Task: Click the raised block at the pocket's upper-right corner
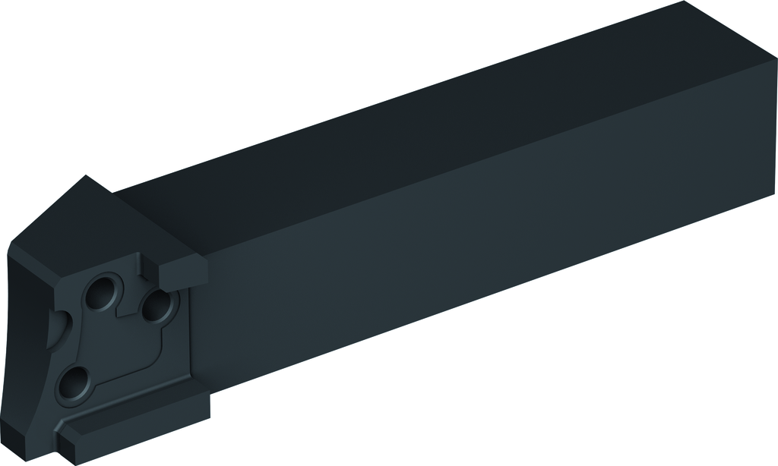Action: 185,270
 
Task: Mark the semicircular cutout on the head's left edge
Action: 55,334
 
